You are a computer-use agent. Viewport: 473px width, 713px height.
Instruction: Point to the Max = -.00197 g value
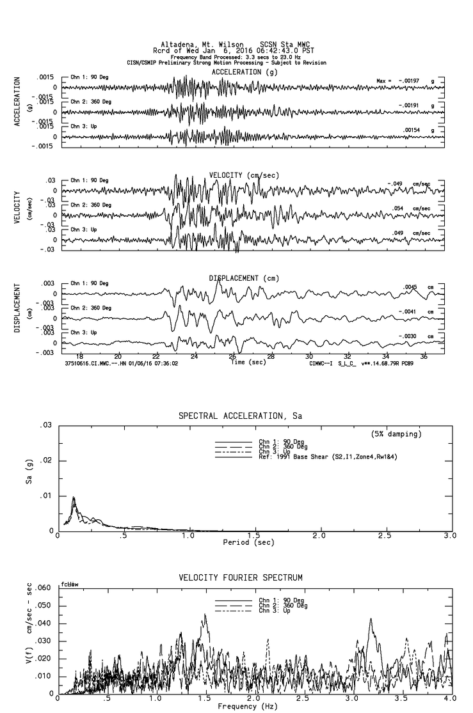pyautogui.click(x=410, y=81)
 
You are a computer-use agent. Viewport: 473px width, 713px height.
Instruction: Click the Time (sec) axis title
pyautogui.click(x=246, y=362)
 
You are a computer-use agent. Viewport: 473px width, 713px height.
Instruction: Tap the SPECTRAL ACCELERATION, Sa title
pyautogui.click(x=240, y=416)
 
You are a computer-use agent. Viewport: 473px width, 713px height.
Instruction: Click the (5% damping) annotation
pyautogui.click(x=396, y=434)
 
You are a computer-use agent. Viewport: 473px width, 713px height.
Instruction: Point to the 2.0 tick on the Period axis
pyautogui.click(x=319, y=535)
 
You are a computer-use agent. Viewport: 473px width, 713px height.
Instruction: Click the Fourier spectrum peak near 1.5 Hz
pyautogui.click(x=205, y=615)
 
